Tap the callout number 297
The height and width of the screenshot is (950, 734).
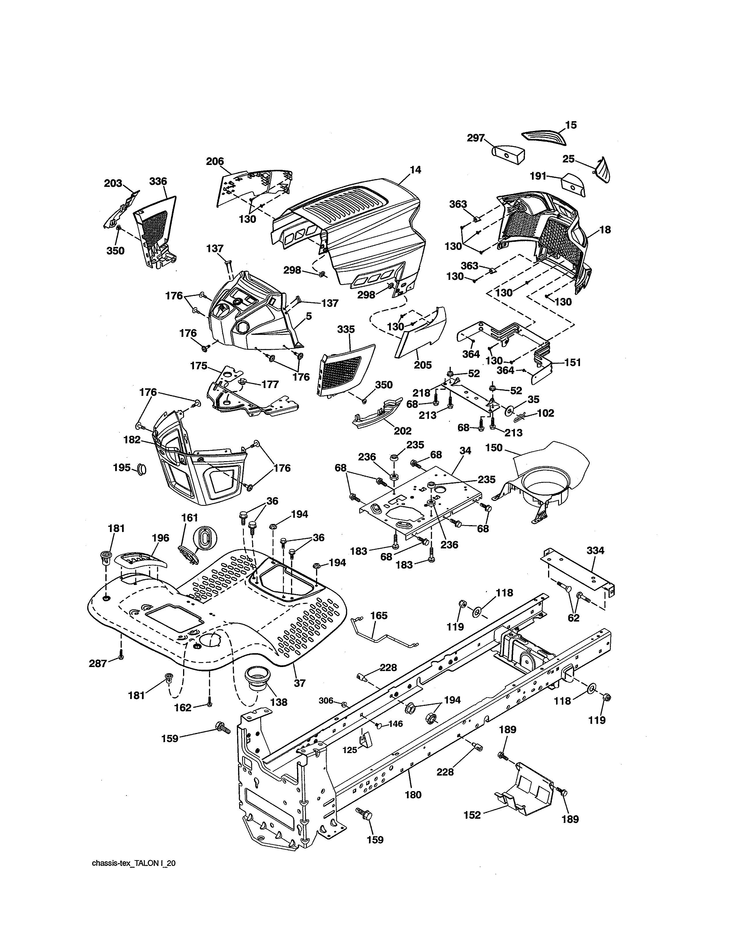476,138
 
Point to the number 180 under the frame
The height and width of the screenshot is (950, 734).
413,795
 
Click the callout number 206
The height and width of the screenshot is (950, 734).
215,161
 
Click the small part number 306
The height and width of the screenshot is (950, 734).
326,700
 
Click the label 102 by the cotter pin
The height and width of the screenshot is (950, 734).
546,413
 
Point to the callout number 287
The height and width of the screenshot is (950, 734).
98,663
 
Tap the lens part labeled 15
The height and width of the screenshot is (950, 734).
544,135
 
